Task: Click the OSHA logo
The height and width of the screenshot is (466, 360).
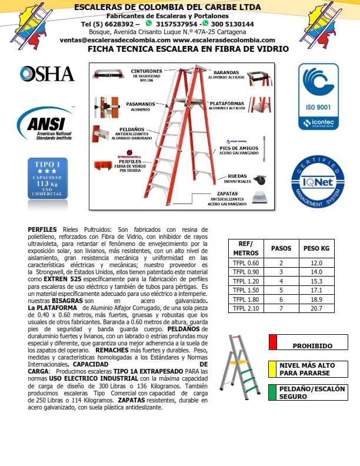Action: pyautogui.click(x=47, y=74)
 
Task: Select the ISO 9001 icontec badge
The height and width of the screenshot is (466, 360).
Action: pyautogui.click(x=318, y=97)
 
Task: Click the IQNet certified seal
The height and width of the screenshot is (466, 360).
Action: pyautogui.click(x=318, y=182)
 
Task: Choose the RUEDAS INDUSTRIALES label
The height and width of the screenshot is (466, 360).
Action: pyautogui.click(x=237, y=178)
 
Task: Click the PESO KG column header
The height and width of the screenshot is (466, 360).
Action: pyautogui.click(x=316, y=248)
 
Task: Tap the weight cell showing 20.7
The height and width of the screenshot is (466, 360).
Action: pyautogui.click(x=316, y=308)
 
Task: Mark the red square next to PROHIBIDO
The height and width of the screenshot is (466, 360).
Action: pyautogui.click(x=272, y=342)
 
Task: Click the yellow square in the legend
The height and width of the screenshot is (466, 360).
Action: pyautogui.click(x=272, y=368)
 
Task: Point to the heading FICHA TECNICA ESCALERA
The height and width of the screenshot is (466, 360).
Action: pyautogui.click(x=188, y=50)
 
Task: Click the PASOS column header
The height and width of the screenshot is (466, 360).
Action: pyautogui.click(x=281, y=248)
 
